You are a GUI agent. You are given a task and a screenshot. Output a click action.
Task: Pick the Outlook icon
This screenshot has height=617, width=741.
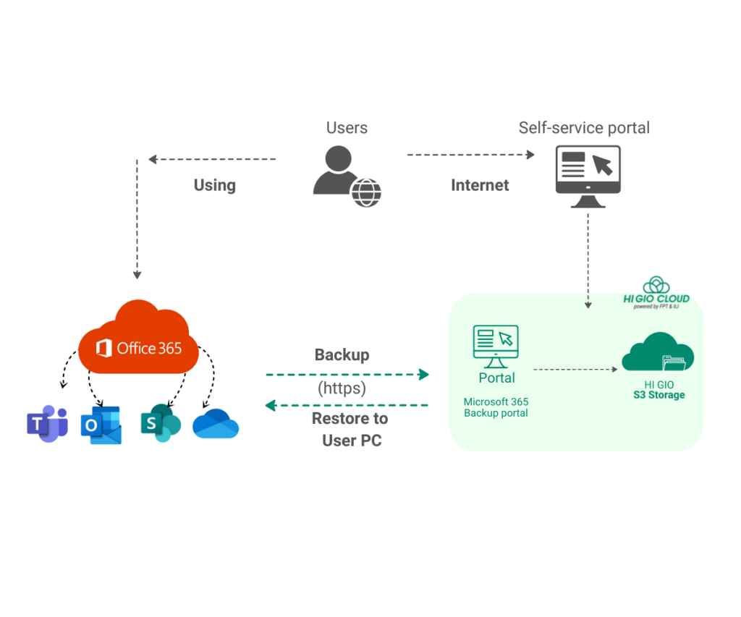point(101,425)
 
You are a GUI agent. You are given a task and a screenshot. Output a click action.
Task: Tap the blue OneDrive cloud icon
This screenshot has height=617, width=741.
point(216,424)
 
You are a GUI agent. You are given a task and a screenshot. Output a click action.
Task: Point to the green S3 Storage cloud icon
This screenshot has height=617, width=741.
point(658,352)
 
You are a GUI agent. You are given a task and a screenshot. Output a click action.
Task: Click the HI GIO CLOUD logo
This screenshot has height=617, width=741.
point(656,292)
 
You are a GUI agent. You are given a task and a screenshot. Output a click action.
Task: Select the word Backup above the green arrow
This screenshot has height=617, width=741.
point(342,355)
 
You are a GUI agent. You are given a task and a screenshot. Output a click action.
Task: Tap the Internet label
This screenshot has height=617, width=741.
point(480,185)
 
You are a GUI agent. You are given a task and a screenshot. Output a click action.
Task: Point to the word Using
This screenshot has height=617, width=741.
point(215,185)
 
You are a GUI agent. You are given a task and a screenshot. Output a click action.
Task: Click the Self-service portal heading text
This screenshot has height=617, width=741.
point(584,128)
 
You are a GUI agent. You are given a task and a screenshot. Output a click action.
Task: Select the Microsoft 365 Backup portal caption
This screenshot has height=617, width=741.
point(496,407)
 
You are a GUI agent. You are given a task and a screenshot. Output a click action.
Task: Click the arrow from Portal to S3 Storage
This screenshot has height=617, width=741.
point(575,369)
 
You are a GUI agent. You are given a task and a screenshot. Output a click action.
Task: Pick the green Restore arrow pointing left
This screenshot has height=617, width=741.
point(347,405)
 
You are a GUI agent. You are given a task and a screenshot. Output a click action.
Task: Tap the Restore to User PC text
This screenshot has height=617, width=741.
point(351,429)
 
